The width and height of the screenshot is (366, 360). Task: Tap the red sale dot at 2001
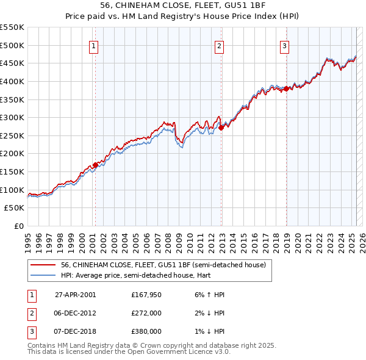pyautogui.click(x=95, y=165)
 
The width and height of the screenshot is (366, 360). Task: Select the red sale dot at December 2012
pyautogui.click(x=221, y=128)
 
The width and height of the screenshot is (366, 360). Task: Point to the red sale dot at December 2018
pyautogui.click(x=286, y=88)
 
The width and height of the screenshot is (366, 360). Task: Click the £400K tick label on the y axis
pyautogui.click(x=12, y=81)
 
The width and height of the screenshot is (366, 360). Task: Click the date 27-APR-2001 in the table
pyautogui.click(x=75, y=295)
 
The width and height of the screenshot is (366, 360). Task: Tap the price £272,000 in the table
pyautogui.click(x=146, y=313)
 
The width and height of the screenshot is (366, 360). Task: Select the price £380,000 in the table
pyautogui.click(x=146, y=331)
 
